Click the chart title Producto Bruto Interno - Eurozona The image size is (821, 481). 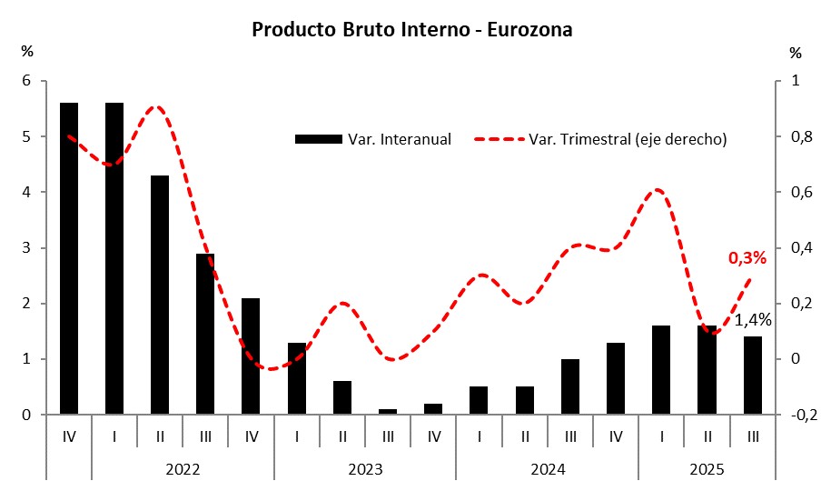click(411, 30)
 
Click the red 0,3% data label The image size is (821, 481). click(747, 258)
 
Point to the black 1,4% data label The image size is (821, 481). click(753, 320)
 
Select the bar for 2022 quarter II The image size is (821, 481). click(160, 296)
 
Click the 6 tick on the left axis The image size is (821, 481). click(26, 81)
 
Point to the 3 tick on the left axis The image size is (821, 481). click(26, 248)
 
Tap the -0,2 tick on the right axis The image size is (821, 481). click(796, 416)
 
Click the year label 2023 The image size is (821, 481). click(365, 469)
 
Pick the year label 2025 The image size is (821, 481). click(707, 469)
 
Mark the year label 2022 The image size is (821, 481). click(183, 469)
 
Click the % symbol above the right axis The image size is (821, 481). click(796, 52)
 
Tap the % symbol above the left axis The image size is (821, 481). click(26, 52)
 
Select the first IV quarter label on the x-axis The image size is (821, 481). click(69, 437)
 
